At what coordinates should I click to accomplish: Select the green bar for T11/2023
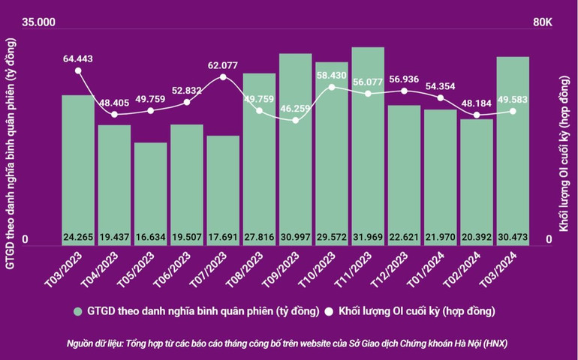coord(368,142)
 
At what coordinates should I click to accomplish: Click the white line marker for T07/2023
coord(223,77)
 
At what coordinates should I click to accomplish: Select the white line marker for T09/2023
coord(295,120)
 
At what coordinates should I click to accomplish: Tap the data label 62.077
coord(223,64)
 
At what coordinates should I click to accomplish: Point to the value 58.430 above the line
coord(331,75)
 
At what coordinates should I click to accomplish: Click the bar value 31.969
coord(368,238)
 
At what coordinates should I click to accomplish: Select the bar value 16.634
coord(150,238)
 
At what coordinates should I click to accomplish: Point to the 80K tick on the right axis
coord(543,23)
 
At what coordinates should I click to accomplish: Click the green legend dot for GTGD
coord(77,310)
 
